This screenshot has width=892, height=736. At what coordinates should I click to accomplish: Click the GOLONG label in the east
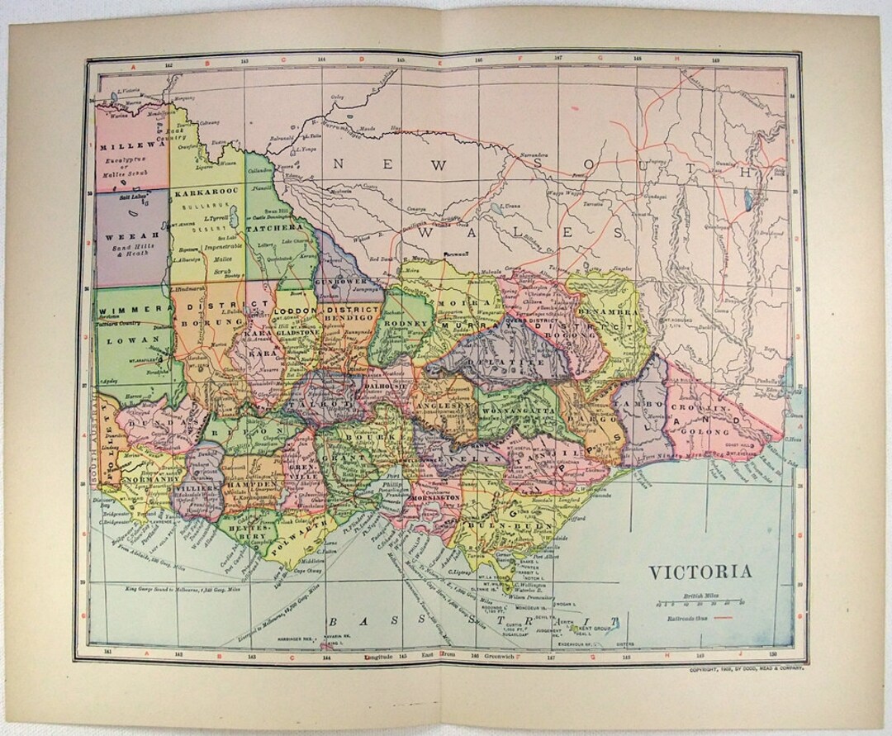pyautogui.click(x=706, y=431)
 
